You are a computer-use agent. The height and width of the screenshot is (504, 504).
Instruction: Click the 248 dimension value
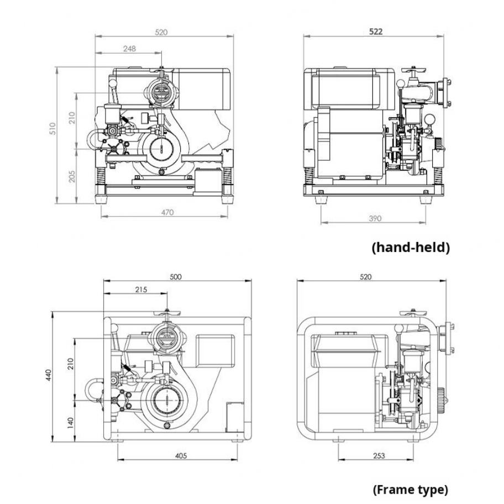(x=129, y=49)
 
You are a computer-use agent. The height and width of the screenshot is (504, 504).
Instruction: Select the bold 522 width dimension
(x=375, y=32)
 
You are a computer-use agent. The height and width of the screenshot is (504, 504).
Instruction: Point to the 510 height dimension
(x=53, y=129)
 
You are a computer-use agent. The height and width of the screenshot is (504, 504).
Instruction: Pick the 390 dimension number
(x=375, y=218)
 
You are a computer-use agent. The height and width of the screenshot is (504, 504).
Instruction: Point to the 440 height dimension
(x=48, y=376)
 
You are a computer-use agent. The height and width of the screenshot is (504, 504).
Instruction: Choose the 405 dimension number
(x=181, y=455)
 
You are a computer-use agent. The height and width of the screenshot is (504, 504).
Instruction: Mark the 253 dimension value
(x=379, y=455)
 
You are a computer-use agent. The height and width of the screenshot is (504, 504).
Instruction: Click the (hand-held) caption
(x=411, y=247)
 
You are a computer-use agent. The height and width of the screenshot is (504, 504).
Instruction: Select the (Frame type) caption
(x=410, y=489)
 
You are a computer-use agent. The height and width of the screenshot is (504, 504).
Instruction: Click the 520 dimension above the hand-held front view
(x=161, y=33)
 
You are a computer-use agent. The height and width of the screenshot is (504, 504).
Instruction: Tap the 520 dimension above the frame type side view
(x=365, y=277)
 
